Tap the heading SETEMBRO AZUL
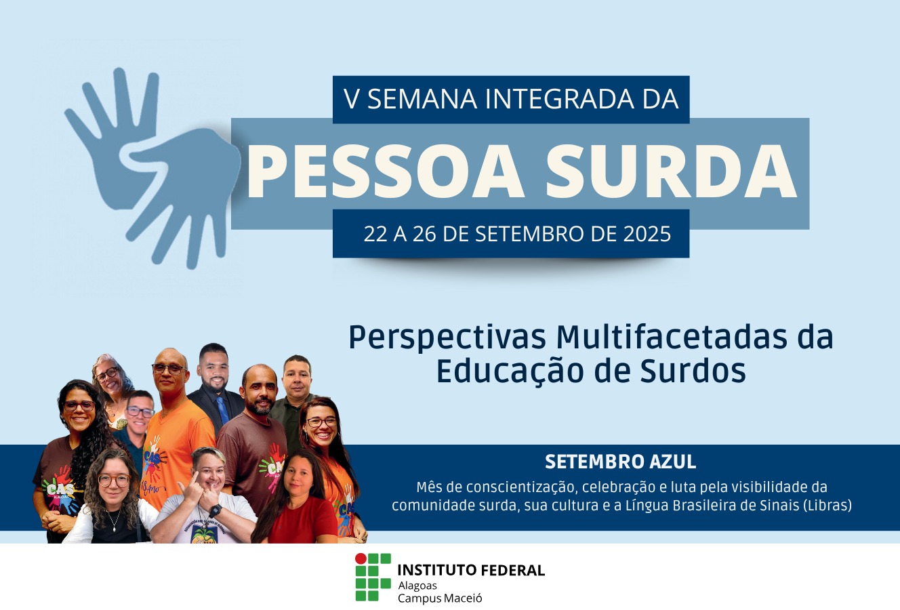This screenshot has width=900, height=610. click(620, 462)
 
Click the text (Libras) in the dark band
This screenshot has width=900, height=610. click(827, 506)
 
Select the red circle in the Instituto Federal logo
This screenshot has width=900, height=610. click(361, 558)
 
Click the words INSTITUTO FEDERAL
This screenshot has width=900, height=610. click(471, 570)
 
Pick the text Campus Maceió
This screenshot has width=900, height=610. click(440, 598)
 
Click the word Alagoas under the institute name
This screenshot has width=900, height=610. click(417, 585)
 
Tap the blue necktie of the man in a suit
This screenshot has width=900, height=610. click(222, 409)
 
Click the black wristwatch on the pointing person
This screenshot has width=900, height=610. click(216, 510)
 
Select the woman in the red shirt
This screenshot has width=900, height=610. click(298, 502)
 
